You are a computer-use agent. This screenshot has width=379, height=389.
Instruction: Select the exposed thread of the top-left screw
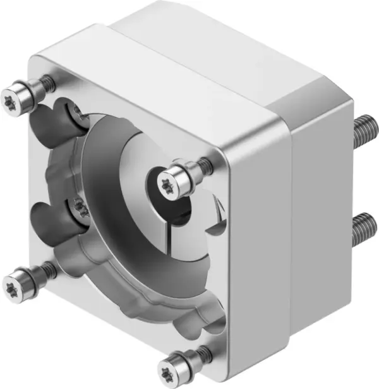[x=47, y=82]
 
